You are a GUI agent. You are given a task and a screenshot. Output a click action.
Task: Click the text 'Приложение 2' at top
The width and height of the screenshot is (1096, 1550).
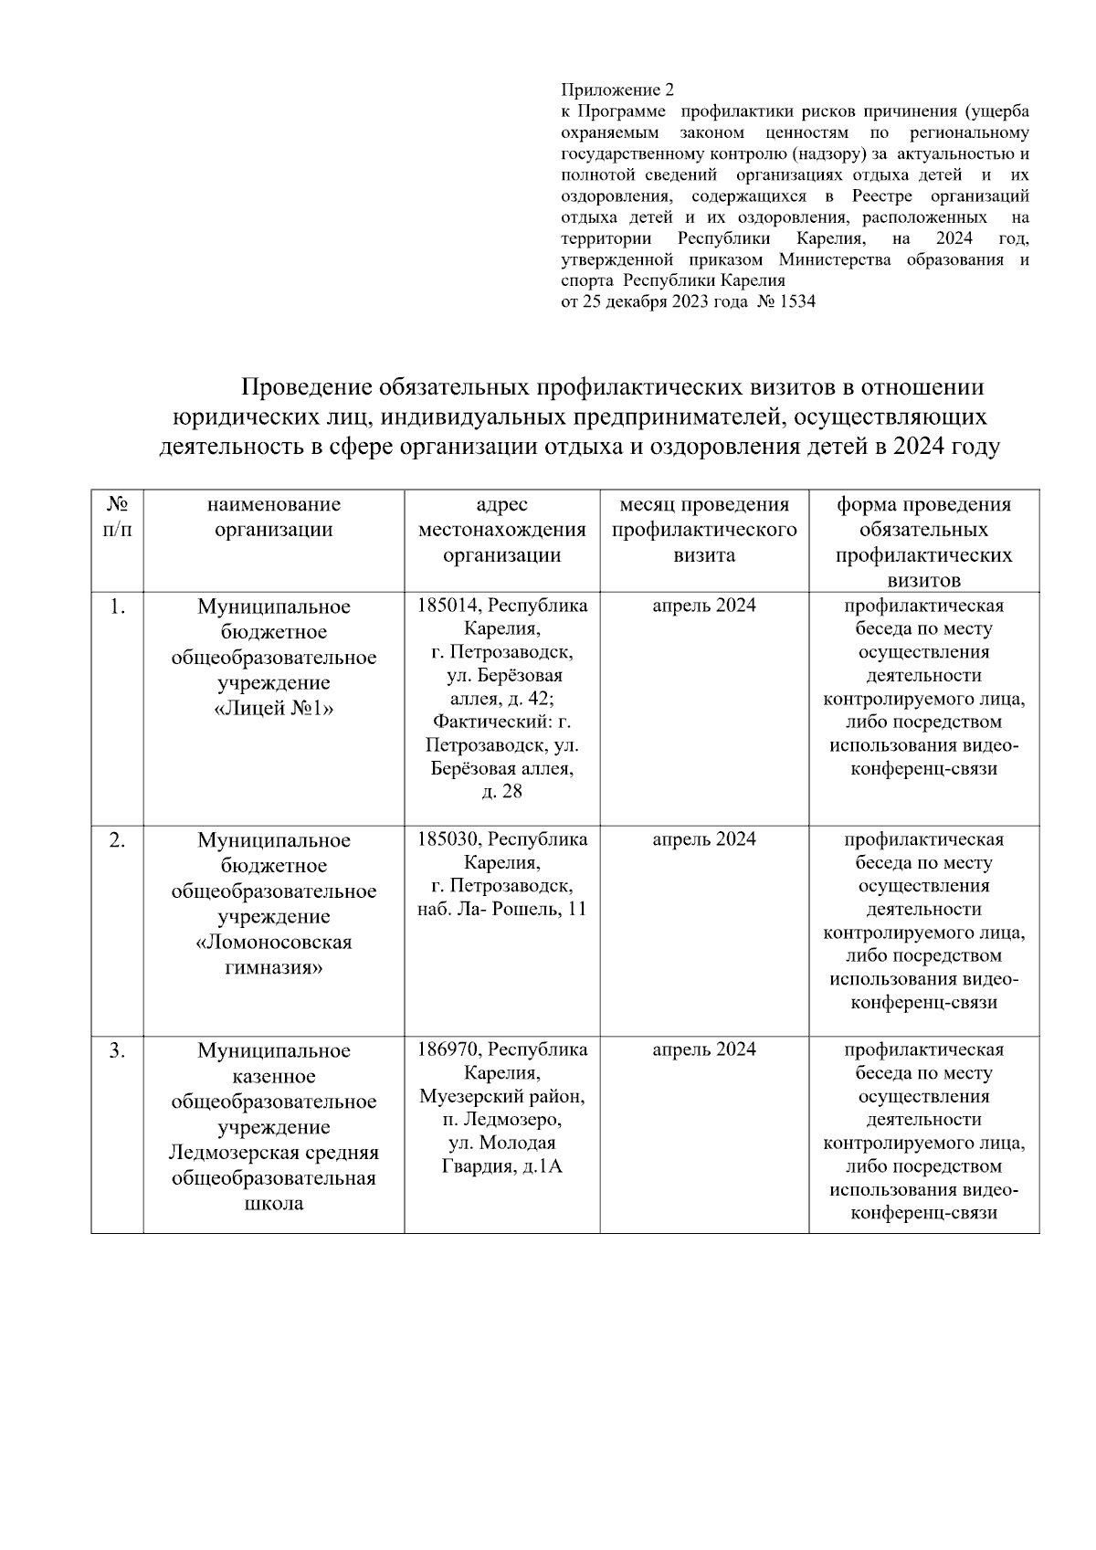coord(617,90)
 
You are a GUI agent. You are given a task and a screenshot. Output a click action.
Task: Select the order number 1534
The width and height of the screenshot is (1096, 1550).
coord(796,301)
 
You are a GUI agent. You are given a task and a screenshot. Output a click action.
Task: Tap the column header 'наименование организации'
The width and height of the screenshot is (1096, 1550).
coord(273,517)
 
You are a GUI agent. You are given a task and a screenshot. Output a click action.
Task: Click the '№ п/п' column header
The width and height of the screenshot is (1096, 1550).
coord(117,517)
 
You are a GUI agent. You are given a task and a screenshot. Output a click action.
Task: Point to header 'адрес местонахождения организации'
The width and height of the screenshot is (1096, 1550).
coord(501,530)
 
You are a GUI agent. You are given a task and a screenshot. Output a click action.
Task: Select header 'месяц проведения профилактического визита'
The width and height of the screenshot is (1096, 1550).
coord(703,530)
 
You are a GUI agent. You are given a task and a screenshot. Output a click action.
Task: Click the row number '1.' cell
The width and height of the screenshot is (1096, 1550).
coord(117,606)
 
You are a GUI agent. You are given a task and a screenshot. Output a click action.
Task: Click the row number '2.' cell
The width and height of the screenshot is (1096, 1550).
coord(117,840)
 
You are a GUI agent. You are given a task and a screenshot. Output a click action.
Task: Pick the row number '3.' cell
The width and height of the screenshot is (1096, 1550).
coord(117,1050)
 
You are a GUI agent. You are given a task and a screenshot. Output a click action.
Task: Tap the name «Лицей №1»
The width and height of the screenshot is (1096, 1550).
coord(273,709)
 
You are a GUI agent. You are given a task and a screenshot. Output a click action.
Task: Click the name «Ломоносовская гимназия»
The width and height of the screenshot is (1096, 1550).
coord(273,955)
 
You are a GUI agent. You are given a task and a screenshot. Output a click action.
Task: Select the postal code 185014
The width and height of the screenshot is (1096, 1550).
coord(445,606)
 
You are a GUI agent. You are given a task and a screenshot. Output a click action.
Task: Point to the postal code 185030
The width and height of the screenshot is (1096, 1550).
coord(445,839)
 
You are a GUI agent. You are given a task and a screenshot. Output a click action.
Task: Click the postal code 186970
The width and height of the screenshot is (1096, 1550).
coord(445,1049)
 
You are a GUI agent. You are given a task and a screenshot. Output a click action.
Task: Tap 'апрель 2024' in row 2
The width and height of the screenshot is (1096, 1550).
coord(703,839)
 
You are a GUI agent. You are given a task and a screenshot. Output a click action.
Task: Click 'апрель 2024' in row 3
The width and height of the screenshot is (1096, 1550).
coord(703,1049)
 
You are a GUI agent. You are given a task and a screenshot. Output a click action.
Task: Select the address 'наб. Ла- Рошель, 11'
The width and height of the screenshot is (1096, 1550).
coord(501,910)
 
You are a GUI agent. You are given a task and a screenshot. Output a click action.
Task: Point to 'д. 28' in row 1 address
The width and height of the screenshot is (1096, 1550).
coord(501,791)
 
